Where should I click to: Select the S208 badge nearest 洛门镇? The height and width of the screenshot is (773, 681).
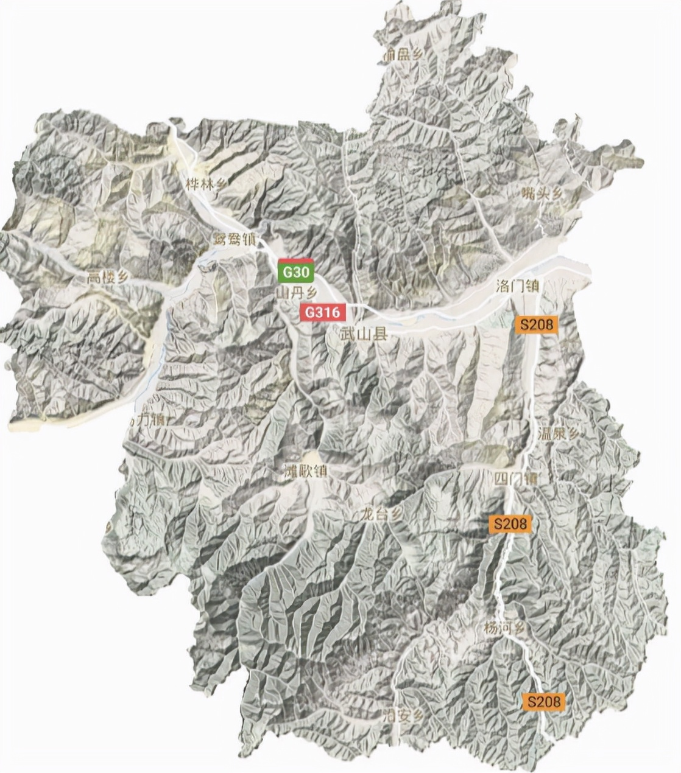click(x=537, y=324)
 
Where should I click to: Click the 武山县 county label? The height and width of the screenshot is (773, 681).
click(x=364, y=334)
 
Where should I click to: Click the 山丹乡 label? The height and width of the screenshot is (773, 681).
click(x=296, y=293)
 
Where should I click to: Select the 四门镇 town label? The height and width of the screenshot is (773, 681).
click(x=516, y=478)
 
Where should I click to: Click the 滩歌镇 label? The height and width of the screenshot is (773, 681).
click(x=306, y=471)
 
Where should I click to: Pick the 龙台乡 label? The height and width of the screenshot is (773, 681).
click(x=381, y=514)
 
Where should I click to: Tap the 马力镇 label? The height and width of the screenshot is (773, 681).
click(x=146, y=419)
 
